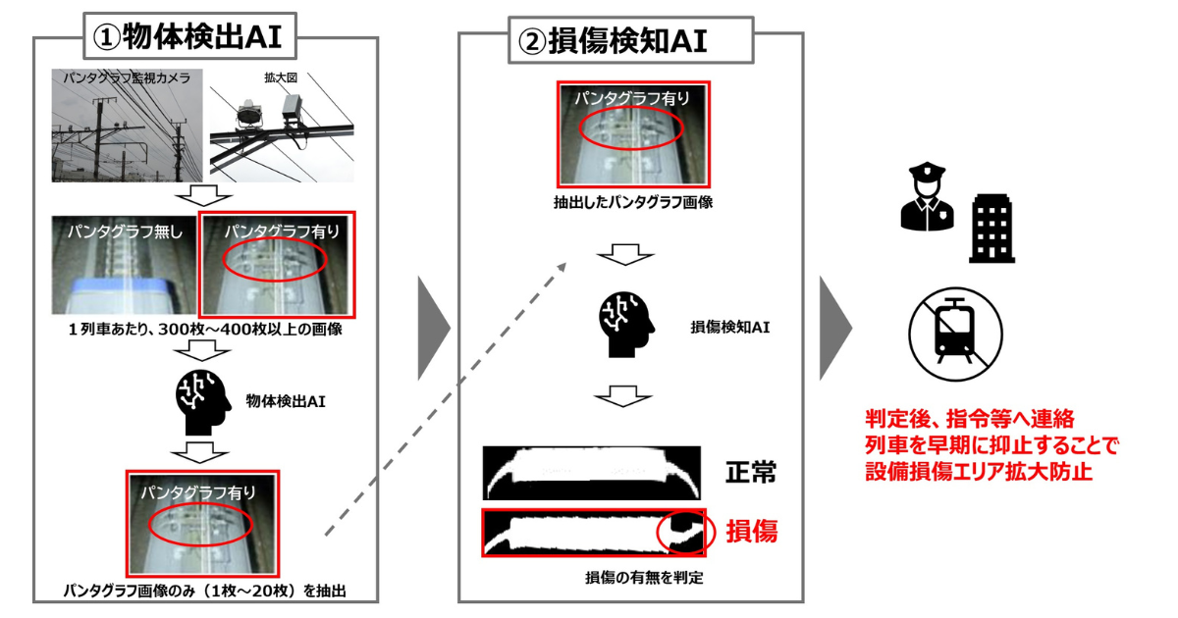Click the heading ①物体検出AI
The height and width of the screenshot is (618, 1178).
click(x=187, y=37)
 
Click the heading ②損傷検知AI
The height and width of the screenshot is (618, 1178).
click(x=613, y=41)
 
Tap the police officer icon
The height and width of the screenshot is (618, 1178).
click(x=927, y=196)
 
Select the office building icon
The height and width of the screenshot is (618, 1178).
click(x=991, y=229)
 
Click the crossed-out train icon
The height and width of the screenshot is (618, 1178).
click(x=955, y=335)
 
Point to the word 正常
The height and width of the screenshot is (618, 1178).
click(x=750, y=472)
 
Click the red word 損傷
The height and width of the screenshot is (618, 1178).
click(x=752, y=532)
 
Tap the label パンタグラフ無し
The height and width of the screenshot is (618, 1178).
click(x=125, y=232)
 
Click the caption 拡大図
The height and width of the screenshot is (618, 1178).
click(x=281, y=77)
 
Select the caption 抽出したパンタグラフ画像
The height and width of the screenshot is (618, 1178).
click(x=632, y=202)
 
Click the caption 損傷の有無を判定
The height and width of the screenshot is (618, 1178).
click(x=644, y=578)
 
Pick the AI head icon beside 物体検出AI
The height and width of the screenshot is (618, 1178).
click(x=203, y=403)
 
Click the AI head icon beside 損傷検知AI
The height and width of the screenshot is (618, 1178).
click(x=626, y=326)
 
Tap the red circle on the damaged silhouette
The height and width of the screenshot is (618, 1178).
click(x=686, y=532)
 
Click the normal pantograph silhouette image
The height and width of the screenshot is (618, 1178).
click(x=592, y=473)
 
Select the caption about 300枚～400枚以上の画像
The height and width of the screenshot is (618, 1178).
click(x=205, y=330)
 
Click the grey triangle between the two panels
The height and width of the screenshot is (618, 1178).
click(x=434, y=328)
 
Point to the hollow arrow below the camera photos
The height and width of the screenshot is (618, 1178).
click(x=203, y=195)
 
